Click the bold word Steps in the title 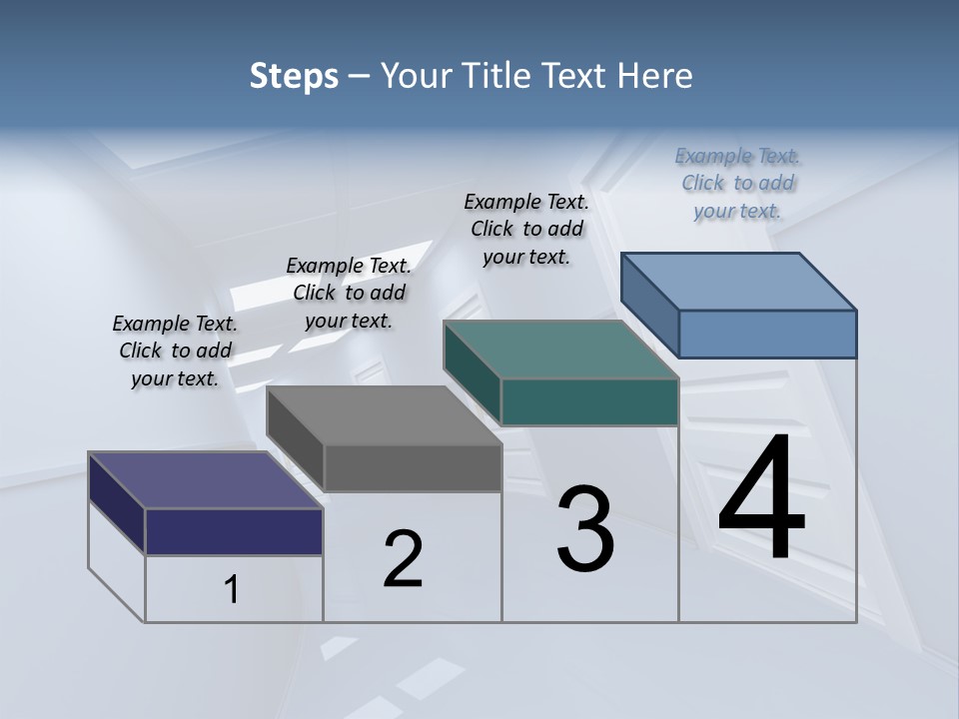pyautogui.click(x=293, y=76)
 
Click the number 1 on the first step pyautogui.click(x=232, y=589)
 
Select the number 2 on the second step pyautogui.click(x=403, y=559)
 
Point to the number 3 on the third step pyautogui.click(x=585, y=530)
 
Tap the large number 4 pyautogui.click(x=761, y=498)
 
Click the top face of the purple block pyautogui.click(x=205, y=480)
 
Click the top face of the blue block pyautogui.click(x=738, y=281)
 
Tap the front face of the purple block pyautogui.click(x=234, y=531)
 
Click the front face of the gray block pyautogui.click(x=413, y=467)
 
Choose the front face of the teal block pyautogui.click(x=589, y=401)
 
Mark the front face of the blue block pyautogui.click(x=767, y=334)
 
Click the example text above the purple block pyautogui.click(x=175, y=351)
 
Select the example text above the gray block pyautogui.click(x=349, y=293)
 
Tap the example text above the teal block pyautogui.click(x=526, y=229)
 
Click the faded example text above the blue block pyautogui.click(x=737, y=183)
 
